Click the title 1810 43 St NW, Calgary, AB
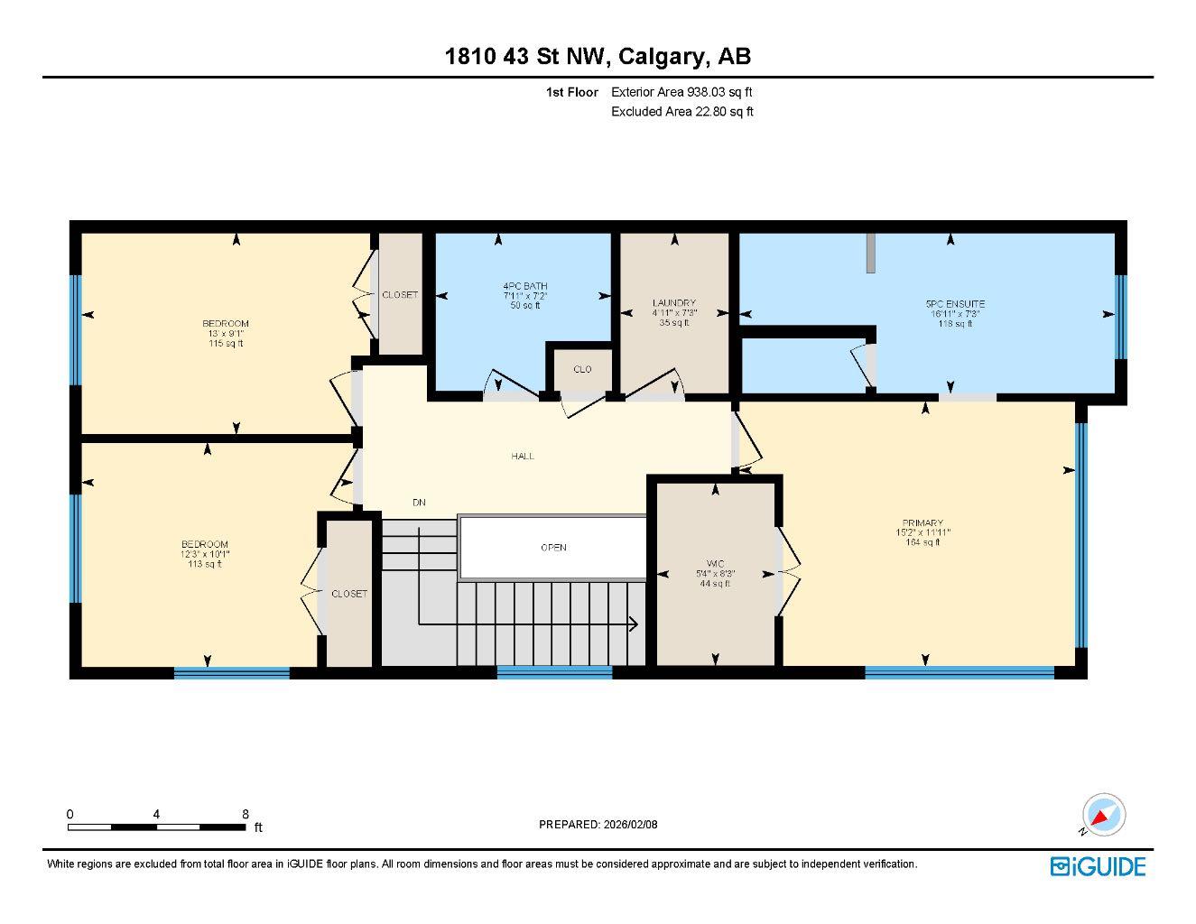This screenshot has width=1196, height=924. tap(598, 57)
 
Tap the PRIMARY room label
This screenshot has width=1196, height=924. tap(922, 523)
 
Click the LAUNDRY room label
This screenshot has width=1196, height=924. tap(673, 303)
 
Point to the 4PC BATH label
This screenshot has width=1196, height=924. tap(524, 286)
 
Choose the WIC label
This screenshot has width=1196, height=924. tap(715, 564)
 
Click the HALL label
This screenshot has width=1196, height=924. tap(523, 457)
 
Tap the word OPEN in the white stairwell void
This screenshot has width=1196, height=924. tap(553, 548)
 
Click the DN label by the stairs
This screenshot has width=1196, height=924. tap(419, 503)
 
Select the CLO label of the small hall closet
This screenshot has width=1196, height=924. tap(582, 369)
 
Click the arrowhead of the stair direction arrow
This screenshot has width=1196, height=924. tap(634, 624)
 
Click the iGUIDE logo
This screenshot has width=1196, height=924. tap(1098, 867)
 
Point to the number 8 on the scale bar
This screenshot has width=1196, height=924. tap(246, 814)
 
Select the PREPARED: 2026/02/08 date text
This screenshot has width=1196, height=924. tap(598, 824)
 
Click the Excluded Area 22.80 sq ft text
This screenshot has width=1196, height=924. tap(681, 112)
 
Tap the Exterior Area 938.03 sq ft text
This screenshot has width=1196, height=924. tap(681, 91)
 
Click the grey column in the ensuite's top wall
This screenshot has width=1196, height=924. tap(870, 254)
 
